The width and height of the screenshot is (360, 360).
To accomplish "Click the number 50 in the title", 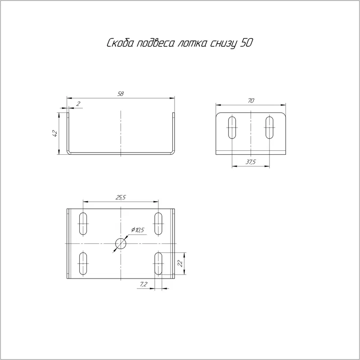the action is pyautogui.click(x=246, y=43).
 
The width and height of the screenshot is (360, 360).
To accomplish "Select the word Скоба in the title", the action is pyautogui.click(x=120, y=43).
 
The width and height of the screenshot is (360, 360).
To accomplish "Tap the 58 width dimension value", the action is pyautogui.click(x=121, y=94).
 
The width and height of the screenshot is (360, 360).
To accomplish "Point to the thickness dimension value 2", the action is pyautogui.click(x=78, y=104).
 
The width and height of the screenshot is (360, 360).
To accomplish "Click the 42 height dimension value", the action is pyautogui.click(x=55, y=133).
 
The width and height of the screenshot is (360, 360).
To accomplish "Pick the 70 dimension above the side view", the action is pyautogui.click(x=251, y=100).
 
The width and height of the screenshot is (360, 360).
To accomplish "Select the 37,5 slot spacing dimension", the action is pyautogui.click(x=251, y=162).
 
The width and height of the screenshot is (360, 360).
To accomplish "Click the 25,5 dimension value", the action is pyautogui.click(x=121, y=198).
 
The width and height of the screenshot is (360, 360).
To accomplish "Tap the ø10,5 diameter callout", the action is pyautogui.click(x=138, y=230).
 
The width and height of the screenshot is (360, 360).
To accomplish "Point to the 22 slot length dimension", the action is pyautogui.click(x=180, y=263).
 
